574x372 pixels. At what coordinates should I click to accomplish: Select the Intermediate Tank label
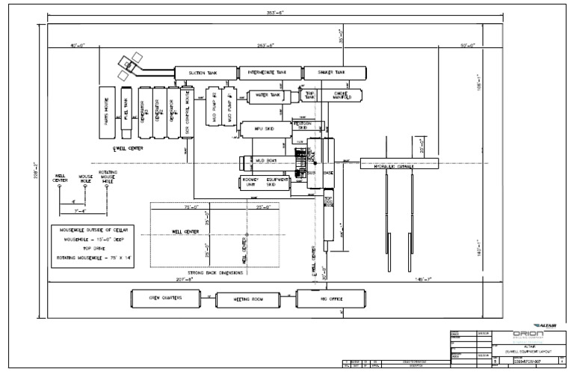[270, 73]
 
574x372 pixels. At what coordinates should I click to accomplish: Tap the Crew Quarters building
[166, 298]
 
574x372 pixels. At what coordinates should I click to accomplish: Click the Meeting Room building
[248, 299]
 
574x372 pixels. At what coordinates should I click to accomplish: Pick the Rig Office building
[331, 299]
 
